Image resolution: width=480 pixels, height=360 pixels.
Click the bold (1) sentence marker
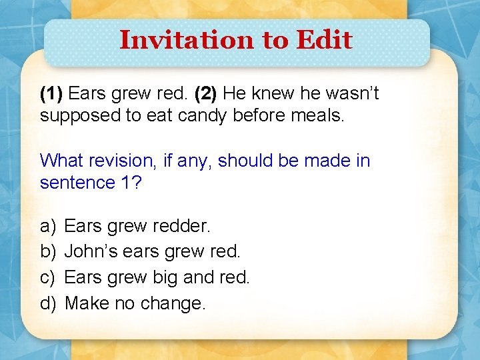tap(52, 94)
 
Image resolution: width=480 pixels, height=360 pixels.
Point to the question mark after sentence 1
tap(137, 183)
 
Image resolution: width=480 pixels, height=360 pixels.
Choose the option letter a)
tap(47, 227)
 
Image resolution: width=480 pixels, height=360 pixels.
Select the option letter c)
tap(47, 277)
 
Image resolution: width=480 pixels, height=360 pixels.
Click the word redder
tap(181, 227)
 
